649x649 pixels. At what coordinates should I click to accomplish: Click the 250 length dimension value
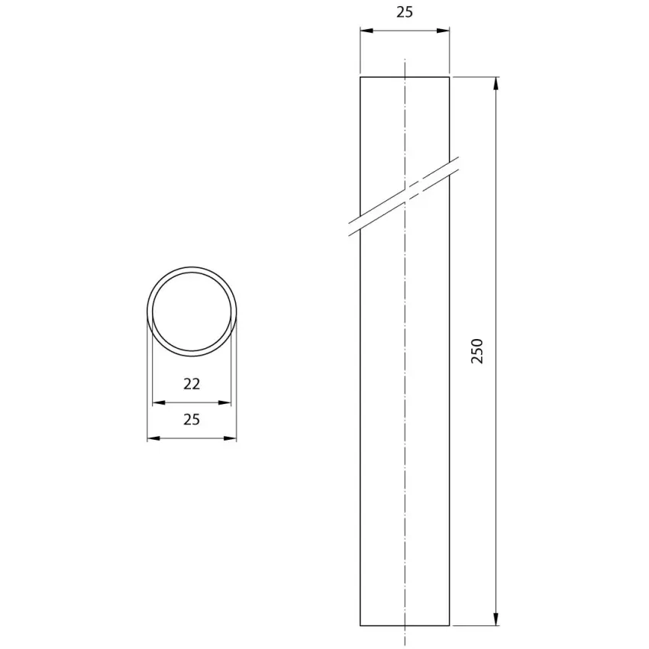(x=478, y=350)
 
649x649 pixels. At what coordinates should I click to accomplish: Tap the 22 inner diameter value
(x=192, y=384)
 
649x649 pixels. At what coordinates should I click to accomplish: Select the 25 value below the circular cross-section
(x=192, y=420)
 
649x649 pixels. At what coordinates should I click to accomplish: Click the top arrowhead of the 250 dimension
(x=496, y=82)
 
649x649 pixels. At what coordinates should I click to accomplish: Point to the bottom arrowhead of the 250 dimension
(x=496, y=620)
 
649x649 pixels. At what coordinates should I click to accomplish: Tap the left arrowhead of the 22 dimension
(x=158, y=402)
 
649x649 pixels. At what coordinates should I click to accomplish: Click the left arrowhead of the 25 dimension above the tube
(x=366, y=31)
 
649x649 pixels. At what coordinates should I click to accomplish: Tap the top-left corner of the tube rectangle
(x=360, y=77)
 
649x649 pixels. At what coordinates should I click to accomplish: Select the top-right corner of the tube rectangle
(x=449, y=77)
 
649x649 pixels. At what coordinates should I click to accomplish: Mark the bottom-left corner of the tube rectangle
(x=360, y=625)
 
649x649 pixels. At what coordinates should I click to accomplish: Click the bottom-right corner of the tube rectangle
(x=449, y=625)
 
